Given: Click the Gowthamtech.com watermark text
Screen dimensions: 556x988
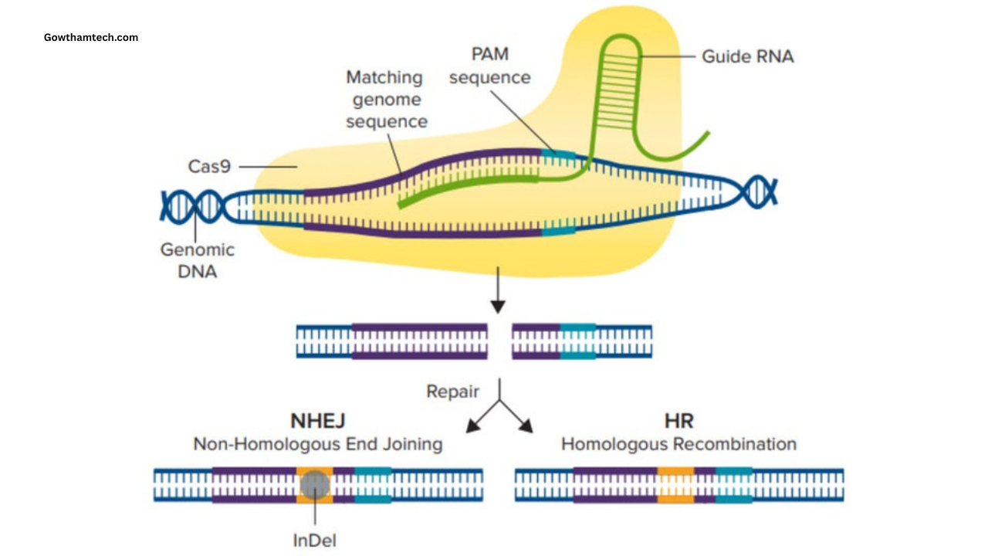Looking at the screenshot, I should point(91,37).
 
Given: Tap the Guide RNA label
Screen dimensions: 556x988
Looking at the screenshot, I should point(746,56).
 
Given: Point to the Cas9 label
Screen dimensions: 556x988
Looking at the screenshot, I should point(209,166).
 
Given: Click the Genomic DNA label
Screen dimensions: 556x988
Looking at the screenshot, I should point(198,260).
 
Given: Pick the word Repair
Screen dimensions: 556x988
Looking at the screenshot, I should point(453,392).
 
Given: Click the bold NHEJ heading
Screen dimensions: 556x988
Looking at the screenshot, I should point(317,421).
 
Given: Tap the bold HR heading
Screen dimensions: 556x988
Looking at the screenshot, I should point(678,421).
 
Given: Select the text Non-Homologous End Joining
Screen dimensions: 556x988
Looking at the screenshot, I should point(317,445).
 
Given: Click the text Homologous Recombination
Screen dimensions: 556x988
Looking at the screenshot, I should point(678,445).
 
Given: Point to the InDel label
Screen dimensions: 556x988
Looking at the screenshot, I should point(314,541).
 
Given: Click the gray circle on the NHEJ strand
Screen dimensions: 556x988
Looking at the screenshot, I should point(314,484).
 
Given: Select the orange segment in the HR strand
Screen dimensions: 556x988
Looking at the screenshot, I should point(675,484).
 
